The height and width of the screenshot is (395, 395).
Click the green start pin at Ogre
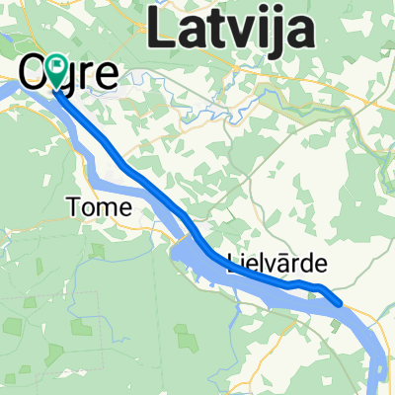point(57,70)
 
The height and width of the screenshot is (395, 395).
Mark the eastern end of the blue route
point(341,303)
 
